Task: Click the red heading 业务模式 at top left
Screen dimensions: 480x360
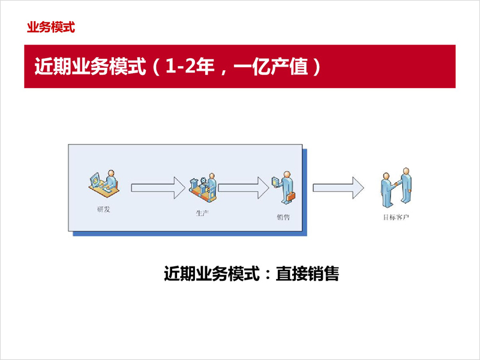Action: click(51, 27)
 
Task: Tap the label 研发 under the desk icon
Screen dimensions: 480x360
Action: click(103, 209)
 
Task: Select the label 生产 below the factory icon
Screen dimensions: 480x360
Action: click(202, 213)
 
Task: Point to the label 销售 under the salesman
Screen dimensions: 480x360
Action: click(283, 217)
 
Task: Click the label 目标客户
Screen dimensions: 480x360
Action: click(396, 217)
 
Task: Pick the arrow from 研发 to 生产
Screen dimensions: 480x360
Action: click(158, 188)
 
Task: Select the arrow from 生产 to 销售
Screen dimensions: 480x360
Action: click(244, 188)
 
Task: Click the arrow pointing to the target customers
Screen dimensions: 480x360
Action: click(338, 188)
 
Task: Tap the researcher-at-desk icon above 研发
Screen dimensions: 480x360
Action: click(104, 184)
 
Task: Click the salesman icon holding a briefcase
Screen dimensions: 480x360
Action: click(284, 187)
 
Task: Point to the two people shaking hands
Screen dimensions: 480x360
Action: click(396, 187)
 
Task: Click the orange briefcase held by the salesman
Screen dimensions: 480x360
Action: click(290, 196)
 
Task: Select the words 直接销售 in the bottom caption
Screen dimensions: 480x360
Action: click(307, 274)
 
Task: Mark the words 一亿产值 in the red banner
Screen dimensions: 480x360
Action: click(271, 66)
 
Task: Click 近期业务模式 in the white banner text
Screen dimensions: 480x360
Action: click(90, 66)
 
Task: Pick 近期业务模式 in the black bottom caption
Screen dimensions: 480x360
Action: click(212, 274)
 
